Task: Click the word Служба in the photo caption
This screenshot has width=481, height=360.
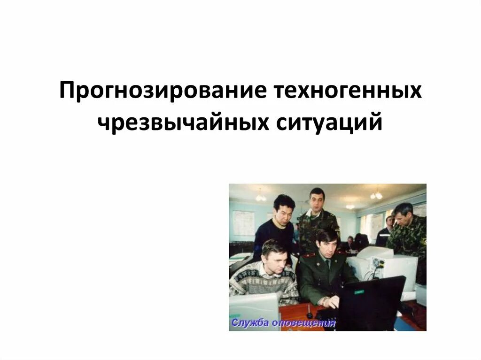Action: (x=249, y=322)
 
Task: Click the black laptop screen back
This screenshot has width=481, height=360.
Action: (x=371, y=303)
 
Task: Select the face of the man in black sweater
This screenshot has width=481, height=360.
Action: (x=283, y=212)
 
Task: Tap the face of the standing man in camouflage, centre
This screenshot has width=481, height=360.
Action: (x=317, y=200)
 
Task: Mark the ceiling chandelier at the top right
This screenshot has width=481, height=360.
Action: (x=376, y=195)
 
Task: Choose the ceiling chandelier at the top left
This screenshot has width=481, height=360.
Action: (x=261, y=197)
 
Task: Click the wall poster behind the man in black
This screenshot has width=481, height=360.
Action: (x=243, y=223)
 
